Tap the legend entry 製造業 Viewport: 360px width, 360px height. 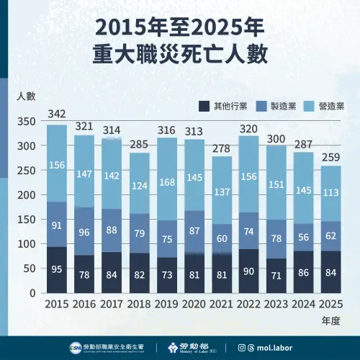coord(283,107)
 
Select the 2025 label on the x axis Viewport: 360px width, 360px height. coord(330,305)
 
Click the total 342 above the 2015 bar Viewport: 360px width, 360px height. coord(58,114)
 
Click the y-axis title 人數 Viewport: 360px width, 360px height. coord(25,95)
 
